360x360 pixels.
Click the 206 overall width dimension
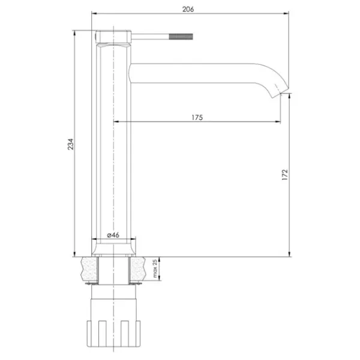coord(188,10)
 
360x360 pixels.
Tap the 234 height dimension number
coord(71,144)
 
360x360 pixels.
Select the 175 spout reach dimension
coord(197,118)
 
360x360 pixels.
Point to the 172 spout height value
coord(284,175)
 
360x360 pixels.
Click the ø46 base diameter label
coord(113,235)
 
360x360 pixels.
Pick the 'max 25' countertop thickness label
coord(155,268)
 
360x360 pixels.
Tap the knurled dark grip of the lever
coord(181,37)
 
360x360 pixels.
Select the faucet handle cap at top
coord(113,37)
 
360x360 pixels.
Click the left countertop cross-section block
coord(89,269)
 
